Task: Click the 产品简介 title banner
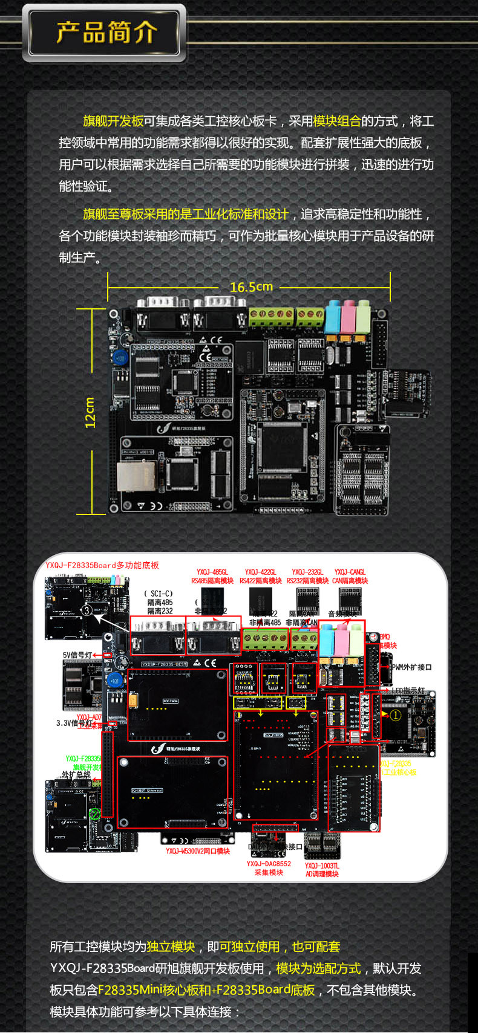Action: click(106, 33)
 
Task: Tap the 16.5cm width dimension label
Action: click(251, 287)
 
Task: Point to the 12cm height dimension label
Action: click(90, 412)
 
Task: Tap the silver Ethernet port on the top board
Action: click(129, 476)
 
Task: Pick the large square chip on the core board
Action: click(281, 445)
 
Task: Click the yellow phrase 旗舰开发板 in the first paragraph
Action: click(113, 121)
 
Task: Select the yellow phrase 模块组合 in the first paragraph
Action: click(336, 121)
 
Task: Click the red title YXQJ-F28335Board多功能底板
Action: click(102, 565)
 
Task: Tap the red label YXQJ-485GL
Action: click(212, 572)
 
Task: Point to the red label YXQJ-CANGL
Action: click(350, 572)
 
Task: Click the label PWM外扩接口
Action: click(411, 667)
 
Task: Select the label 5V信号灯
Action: click(77, 655)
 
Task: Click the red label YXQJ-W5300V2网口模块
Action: click(198, 851)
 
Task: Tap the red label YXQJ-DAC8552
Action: click(269, 864)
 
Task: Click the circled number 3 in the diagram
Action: click(87, 610)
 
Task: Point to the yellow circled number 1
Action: click(396, 715)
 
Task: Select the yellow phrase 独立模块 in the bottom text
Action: click(171, 947)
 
